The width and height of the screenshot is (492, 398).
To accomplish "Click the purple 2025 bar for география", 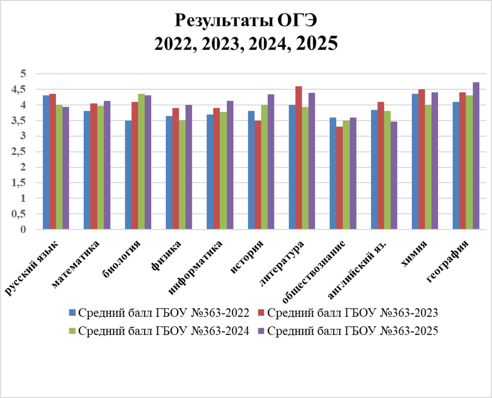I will pos(476,156).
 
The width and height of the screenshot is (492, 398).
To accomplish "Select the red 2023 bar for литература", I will pos(298,158).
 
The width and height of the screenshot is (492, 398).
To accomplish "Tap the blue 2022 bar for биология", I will pos(128,175).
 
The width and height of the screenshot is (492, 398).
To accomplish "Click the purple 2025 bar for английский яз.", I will pos(394,175).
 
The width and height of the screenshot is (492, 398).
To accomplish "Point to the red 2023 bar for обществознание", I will pos(339,178).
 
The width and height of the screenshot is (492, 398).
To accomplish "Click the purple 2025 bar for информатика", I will pos(230,165).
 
